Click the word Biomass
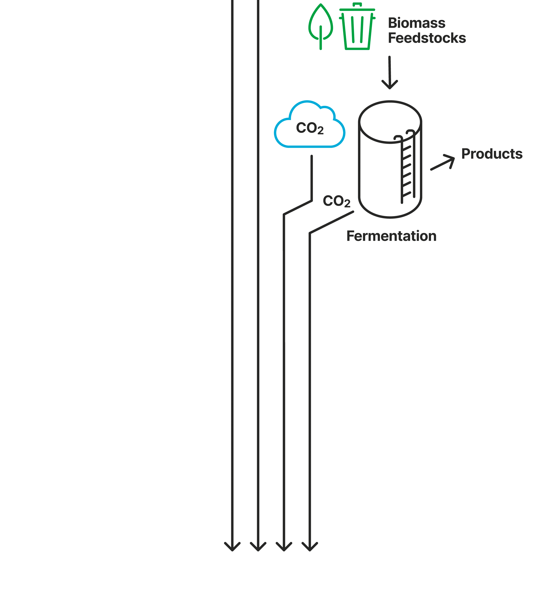(416, 23)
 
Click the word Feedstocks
(427, 38)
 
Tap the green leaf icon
(321, 22)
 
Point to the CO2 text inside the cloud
(310, 128)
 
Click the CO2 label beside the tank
(337, 201)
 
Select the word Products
(492, 154)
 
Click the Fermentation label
(391, 236)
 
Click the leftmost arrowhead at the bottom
(232, 547)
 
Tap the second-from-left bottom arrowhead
(258, 547)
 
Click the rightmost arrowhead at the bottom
(310, 547)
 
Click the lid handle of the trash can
(357, 4)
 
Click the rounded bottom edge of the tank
(390, 217)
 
